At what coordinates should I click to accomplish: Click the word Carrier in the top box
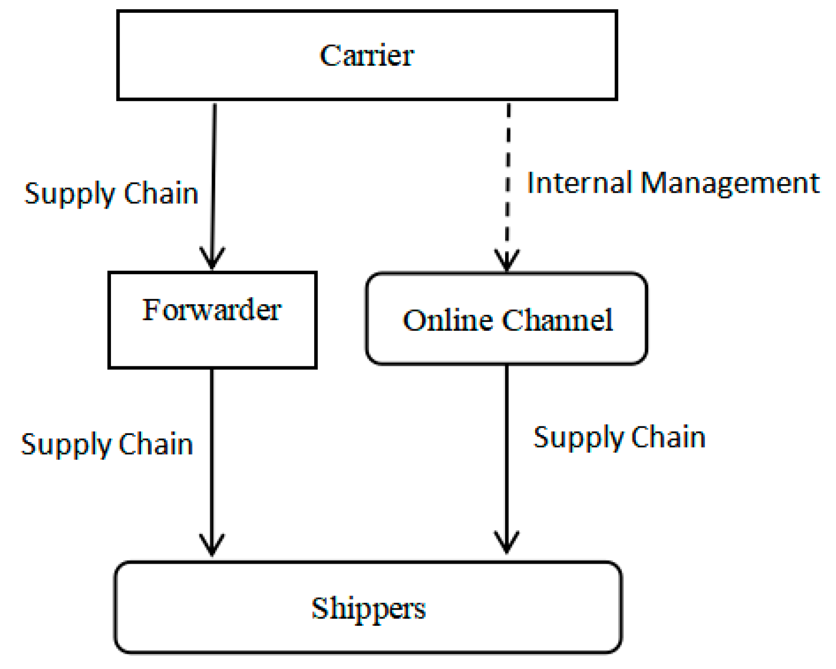[x=367, y=55]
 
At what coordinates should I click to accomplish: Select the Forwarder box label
[x=211, y=309]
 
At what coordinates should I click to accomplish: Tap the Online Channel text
[x=507, y=320]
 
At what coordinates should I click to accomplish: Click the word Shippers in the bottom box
[x=368, y=607]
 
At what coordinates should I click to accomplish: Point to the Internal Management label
[x=673, y=183]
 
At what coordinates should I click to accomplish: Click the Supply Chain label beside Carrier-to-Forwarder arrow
[x=112, y=194]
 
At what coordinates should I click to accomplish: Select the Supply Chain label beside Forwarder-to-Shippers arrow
[x=107, y=444]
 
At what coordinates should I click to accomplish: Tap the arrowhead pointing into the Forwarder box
[x=212, y=259]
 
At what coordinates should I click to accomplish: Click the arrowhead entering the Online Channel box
[x=507, y=260]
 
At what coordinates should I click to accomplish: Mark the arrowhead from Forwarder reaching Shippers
[x=212, y=545]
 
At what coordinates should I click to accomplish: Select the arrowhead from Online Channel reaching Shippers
[x=507, y=543]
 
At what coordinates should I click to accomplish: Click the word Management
[x=729, y=183]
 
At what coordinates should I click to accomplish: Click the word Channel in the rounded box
[x=557, y=320]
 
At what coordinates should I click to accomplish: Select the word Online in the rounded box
[x=448, y=320]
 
